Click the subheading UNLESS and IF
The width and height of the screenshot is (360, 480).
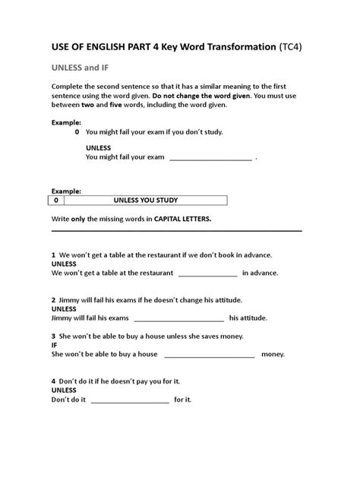click(x=81, y=67)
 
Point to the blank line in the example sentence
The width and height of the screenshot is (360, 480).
click(x=210, y=158)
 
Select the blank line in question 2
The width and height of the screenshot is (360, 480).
click(x=178, y=318)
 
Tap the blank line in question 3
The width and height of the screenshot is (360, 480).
click(x=209, y=355)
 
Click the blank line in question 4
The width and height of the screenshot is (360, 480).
click(x=129, y=399)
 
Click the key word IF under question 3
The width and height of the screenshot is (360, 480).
click(x=55, y=344)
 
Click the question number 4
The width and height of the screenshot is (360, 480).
click(x=53, y=380)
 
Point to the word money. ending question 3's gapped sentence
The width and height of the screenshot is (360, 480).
click(x=273, y=354)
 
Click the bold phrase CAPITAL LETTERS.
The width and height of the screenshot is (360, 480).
click(x=183, y=219)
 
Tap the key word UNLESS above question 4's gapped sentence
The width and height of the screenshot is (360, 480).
click(x=64, y=389)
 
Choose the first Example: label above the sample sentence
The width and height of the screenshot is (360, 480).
click(x=66, y=122)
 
